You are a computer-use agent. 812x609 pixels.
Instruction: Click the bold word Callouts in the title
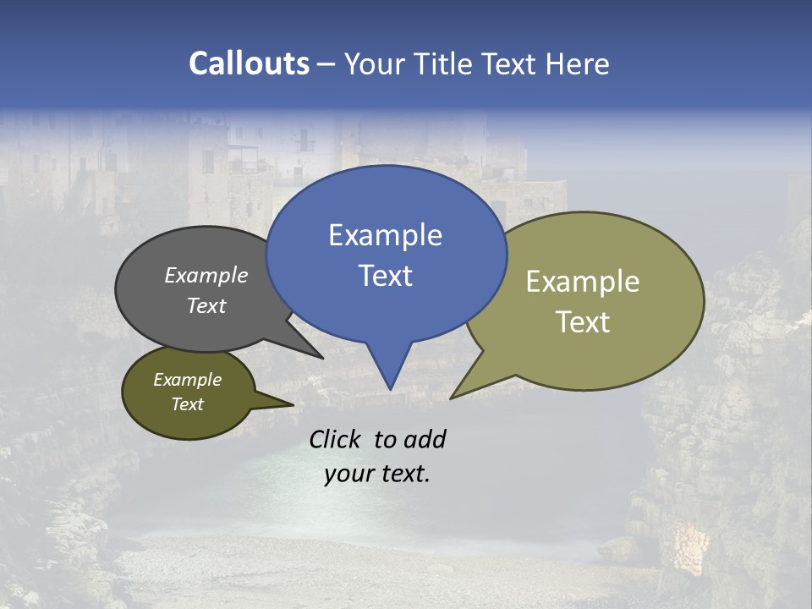coord(249,63)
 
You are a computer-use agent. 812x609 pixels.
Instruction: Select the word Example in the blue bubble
coord(385,235)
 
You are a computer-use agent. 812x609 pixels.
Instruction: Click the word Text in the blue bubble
coord(385,276)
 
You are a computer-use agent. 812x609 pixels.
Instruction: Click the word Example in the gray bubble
coord(206,275)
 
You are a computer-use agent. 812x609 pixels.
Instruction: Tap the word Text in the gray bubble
coord(206,305)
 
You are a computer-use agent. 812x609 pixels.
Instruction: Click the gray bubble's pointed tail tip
coord(321,358)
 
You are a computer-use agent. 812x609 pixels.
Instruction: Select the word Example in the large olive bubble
coord(583,282)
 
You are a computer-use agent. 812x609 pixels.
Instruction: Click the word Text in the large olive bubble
coord(583,321)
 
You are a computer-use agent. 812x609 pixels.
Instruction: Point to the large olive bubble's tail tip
coord(452,398)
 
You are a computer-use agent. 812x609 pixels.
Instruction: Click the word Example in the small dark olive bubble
coord(187,380)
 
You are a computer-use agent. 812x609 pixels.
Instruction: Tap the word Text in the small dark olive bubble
coord(187,404)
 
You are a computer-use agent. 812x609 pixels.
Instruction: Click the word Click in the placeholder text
coord(335,439)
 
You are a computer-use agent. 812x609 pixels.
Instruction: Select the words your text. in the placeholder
coord(377,474)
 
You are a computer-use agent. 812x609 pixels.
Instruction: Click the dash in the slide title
coord(326,64)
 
